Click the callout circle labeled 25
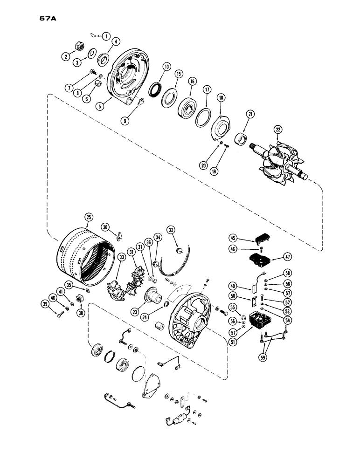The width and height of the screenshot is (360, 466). (89, 217)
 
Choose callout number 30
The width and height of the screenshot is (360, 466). (107, 227)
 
